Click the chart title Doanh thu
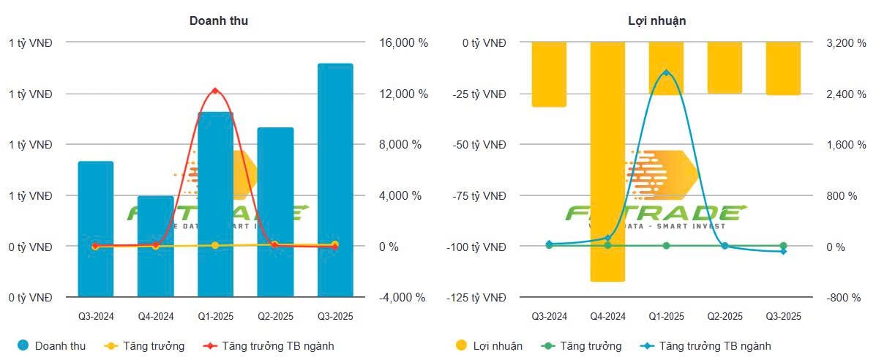(219, 20)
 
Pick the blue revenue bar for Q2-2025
(275, 212)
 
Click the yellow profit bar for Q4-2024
(607, 161)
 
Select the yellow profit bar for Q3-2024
(549, 74)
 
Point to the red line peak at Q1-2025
(215, 91)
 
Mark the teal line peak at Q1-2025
(666, 72)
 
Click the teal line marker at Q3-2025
(783, 251)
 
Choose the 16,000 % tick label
(402, 43)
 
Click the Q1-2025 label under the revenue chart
(215, 316)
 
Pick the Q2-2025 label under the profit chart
(725, 316)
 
